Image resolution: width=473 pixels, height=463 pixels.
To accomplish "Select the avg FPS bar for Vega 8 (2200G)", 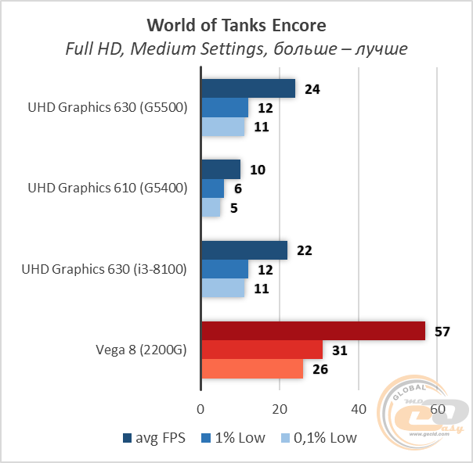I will point(313,331).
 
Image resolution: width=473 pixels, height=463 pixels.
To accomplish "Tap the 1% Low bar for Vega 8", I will point(262,350).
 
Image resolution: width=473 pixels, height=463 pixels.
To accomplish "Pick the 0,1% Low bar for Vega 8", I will point(252,369).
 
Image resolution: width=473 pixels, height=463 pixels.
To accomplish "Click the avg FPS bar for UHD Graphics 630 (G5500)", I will point(248,88).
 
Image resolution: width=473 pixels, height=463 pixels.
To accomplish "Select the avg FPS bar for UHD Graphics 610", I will point(221,169).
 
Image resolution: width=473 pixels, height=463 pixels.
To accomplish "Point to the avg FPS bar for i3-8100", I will point(244,250).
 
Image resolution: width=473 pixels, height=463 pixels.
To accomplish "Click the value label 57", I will point(442,331).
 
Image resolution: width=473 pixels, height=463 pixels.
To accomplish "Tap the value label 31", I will point(340,350).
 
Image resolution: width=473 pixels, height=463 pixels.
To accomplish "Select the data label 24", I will point(312,88).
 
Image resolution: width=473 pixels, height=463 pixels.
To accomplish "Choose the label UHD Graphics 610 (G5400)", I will point(108,188).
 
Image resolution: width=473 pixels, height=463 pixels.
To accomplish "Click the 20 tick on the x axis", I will point(280,410).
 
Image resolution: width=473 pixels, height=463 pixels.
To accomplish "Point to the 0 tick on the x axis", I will point(201,410).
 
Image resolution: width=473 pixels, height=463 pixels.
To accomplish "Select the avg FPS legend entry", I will point(155,437).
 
